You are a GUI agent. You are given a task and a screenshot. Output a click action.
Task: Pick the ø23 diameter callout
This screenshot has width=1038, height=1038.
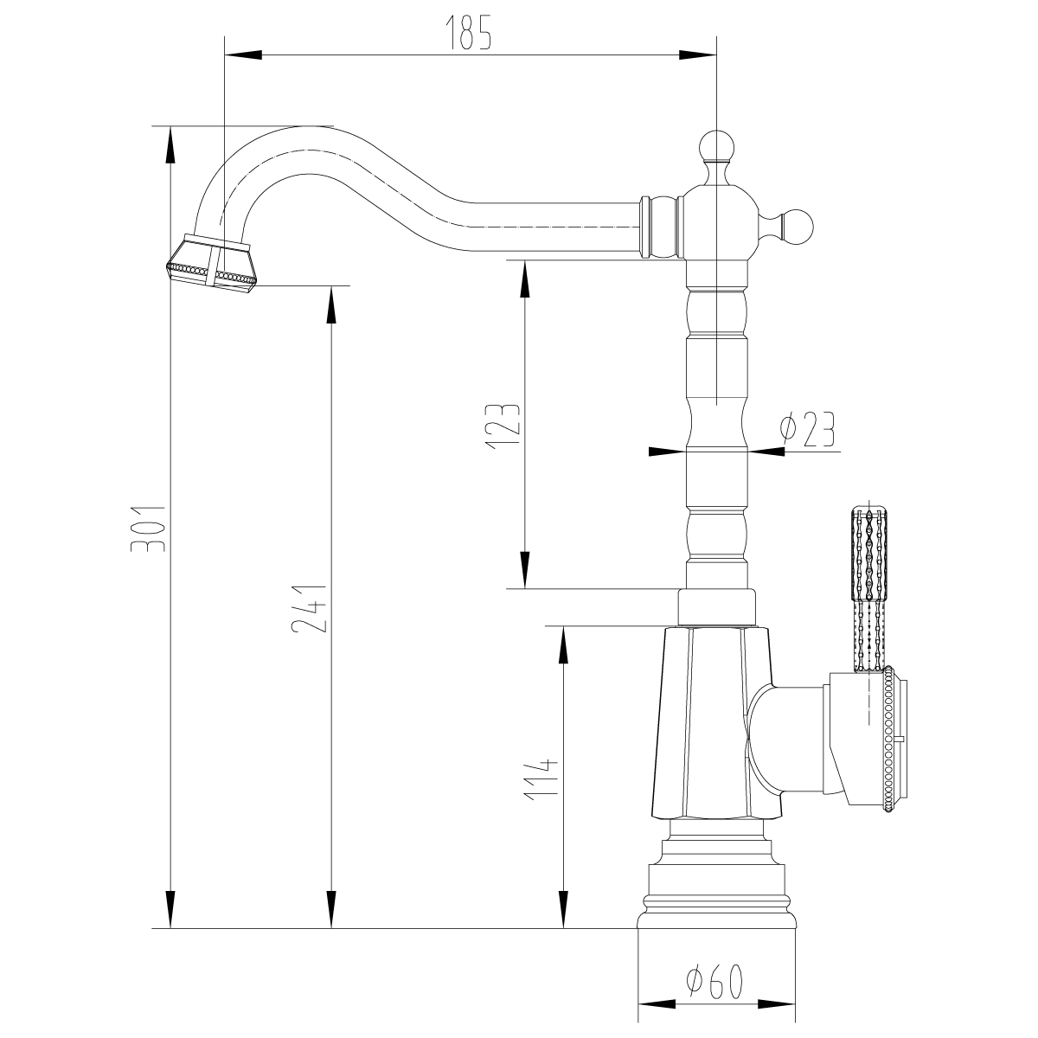click(806, 430)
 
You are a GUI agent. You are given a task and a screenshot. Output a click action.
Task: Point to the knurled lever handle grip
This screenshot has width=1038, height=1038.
click(869, 554)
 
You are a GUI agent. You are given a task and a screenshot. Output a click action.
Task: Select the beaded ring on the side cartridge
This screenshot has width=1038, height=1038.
click(887, 740)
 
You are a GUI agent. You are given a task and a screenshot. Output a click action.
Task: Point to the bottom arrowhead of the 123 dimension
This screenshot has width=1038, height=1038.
click(525, 572)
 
